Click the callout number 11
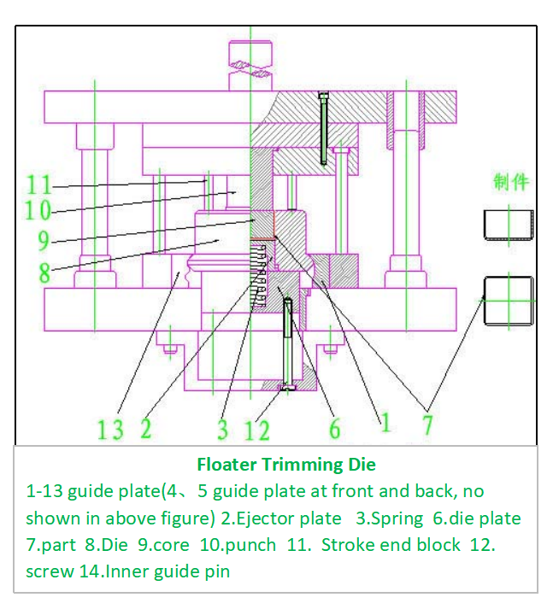[x=39, y=184]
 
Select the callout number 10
[x=38, y=210]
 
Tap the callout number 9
[x=43, y=241]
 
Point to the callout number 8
[x=44, y=272]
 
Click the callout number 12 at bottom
[x=256, y=430]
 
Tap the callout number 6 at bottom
[x=335, y=428]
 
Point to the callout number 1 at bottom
[x=385, y=423]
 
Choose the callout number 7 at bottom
[x=427, y=425]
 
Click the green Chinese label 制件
[x=510, y=182]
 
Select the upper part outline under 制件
[x=507, y=225]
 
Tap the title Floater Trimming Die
[x=285, y=466]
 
